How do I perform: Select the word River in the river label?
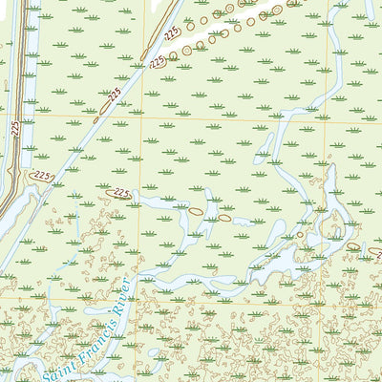[118, 295]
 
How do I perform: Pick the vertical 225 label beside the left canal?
[15, 126]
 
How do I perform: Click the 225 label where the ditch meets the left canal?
[41, 177]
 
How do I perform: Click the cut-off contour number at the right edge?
[375, 252]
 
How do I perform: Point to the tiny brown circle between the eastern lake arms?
[299, 234]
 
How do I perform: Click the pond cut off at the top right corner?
[370, 8]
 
